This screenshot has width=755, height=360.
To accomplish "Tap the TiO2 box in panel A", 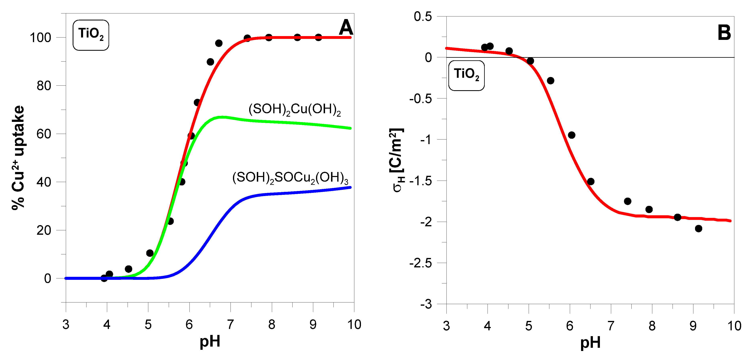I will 91,35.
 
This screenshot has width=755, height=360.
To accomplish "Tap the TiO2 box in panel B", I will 466,75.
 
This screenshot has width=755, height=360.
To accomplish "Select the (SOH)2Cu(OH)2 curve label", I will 295,110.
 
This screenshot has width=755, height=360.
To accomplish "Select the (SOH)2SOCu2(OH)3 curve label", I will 290,178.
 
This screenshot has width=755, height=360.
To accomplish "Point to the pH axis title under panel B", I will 590,343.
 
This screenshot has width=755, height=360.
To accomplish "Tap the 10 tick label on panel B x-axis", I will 734,326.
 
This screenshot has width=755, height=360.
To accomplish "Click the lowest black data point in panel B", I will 698,229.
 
